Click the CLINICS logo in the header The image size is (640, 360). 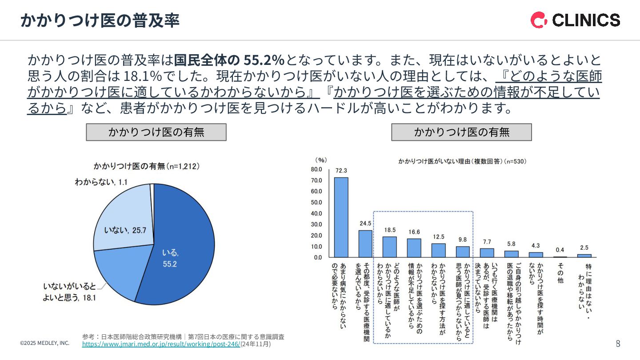point(575,20)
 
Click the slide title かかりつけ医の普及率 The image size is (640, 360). point(100,20)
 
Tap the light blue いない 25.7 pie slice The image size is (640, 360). point(122,218)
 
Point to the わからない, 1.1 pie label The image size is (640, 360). point(101,182)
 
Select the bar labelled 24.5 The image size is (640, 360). point(365,244)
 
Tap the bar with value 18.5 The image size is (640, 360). point(389,247)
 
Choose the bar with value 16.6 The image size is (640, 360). point(414,248)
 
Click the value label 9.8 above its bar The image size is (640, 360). point(462,240)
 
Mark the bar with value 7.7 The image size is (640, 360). point(487,252)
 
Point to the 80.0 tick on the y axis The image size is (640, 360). point(316,169)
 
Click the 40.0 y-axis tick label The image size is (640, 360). point(316,213)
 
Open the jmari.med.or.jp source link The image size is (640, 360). point(161,344)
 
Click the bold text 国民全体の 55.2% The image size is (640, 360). point(229,60)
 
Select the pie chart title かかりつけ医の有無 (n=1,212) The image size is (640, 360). point(146,166)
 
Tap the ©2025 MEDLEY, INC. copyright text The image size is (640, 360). point(45,343)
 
